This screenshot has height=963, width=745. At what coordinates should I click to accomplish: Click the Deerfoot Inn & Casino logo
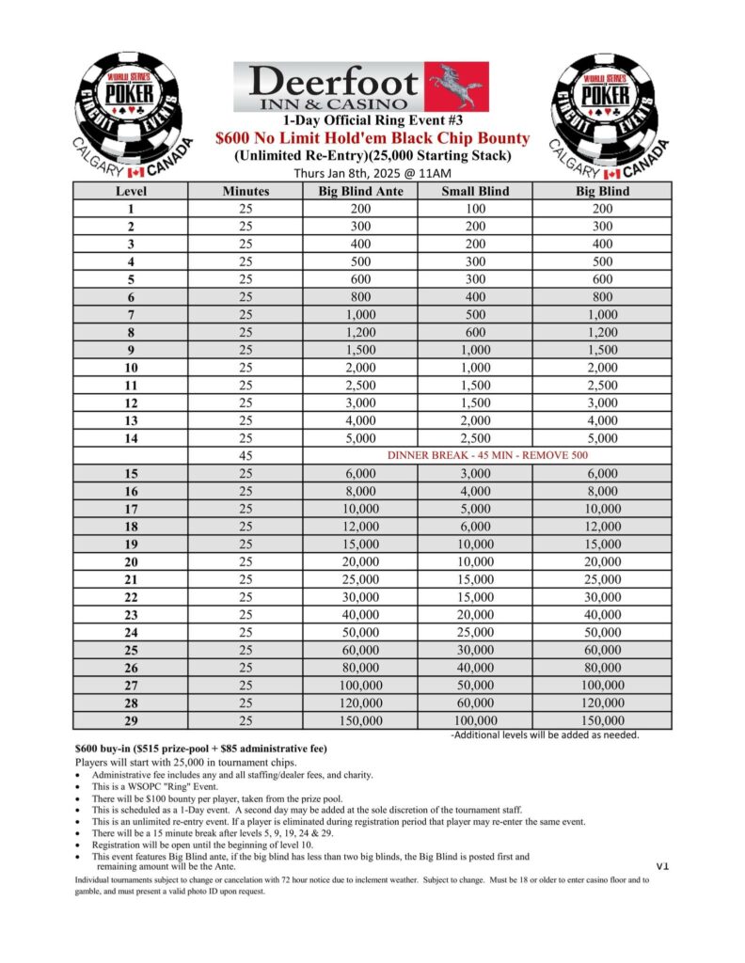point(360,87)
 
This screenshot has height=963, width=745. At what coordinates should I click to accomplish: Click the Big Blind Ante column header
point(362,191)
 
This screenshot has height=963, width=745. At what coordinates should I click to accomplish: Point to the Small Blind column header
point(475,191)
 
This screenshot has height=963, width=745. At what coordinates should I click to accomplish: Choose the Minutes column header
point(246,191)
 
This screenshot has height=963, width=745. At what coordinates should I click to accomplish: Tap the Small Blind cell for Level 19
point(475,545)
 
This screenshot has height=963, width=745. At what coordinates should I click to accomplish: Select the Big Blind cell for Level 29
point(602,720)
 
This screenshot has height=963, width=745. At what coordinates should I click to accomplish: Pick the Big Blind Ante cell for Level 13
point(362,420)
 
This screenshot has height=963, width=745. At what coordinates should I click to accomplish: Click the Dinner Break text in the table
point(487,456)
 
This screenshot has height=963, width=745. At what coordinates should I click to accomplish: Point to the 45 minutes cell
point(246,456)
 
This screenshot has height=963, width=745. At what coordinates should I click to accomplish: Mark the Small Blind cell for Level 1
point(475,209)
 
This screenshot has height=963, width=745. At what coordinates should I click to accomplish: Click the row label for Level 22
point(131,598)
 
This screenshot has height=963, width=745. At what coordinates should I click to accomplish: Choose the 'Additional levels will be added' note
point(546,734)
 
